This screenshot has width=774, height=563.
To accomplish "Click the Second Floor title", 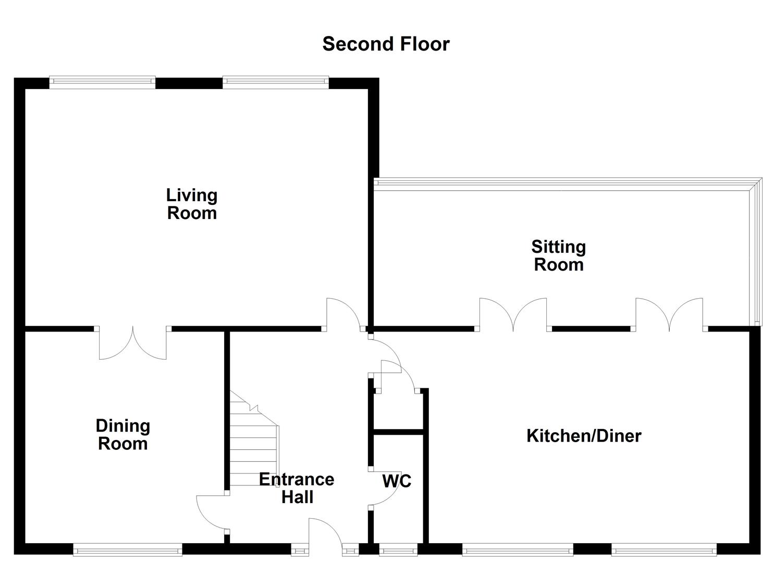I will pos(386,44).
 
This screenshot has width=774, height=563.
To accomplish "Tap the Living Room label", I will pos(192,204).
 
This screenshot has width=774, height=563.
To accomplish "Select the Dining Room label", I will pos(123,435).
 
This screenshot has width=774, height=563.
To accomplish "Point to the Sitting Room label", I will pos(558,255).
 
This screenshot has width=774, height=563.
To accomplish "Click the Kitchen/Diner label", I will pos(584,435).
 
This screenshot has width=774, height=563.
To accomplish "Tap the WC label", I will pos(397,481).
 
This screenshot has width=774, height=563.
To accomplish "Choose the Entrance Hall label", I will pos(297,488).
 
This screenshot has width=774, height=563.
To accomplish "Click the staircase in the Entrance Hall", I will pos(254,443).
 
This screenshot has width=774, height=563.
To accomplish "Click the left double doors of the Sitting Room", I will pos(513,314).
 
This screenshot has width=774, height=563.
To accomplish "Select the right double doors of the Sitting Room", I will pos(669,314).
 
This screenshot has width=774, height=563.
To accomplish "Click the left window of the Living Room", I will pos(103,81).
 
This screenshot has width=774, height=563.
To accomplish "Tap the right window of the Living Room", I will pos(276,81).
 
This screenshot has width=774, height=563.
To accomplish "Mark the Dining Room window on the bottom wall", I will pos(128,549).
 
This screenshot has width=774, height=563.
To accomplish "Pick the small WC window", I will pos(398,549).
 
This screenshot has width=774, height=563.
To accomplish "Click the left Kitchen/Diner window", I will pos(517,549).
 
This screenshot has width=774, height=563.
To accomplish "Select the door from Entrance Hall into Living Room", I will pos(343,314).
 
